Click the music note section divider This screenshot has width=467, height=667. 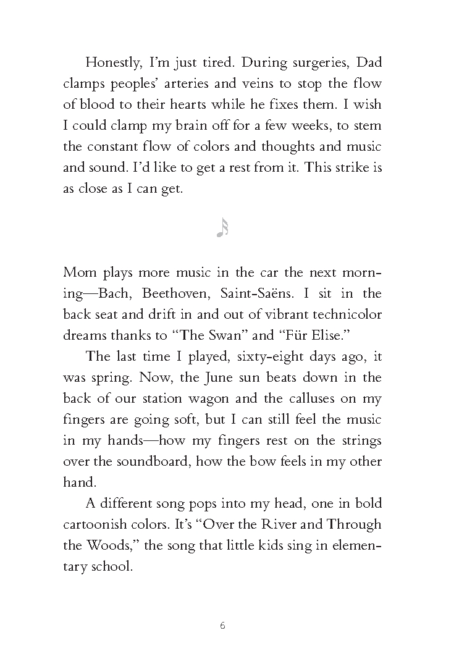tap(222, 229)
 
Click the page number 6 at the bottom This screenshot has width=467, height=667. tap(222, 625)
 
